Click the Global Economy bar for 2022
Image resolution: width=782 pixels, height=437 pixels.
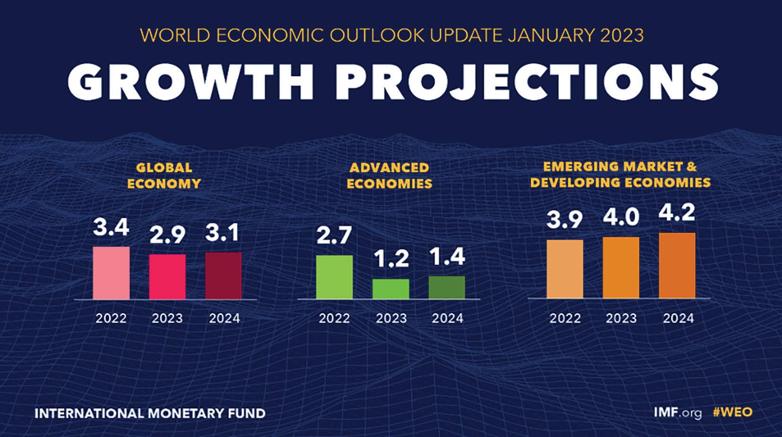[x=111, y=273]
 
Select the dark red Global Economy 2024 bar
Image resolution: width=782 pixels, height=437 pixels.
[x=223, y=276]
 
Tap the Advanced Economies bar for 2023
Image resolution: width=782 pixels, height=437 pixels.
[x=391, y=289]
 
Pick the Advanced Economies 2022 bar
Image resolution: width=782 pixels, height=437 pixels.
[x=334, y=277]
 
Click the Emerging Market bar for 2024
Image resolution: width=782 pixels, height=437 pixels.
[x=677, y=266]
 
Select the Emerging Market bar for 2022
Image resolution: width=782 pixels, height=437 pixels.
[x=565, y=269]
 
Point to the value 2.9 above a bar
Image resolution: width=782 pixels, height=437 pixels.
[x=167, y=235]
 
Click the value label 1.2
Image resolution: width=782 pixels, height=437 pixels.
[x=391, y=259]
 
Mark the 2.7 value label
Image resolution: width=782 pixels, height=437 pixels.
[x=334, y=236]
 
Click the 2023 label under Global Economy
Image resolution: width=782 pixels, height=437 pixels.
[x=167, y=318]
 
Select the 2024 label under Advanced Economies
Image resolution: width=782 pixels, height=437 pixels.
[x=447, y=318]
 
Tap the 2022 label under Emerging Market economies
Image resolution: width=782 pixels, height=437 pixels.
[x=565, y=318]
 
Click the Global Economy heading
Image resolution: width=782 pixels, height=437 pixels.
[x=164, y=175]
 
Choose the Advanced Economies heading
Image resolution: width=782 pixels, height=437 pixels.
[x=390, y=175]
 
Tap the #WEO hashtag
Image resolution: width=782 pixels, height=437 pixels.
[x=732, y=412]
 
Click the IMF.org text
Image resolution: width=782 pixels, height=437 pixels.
[x=678, y=412]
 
